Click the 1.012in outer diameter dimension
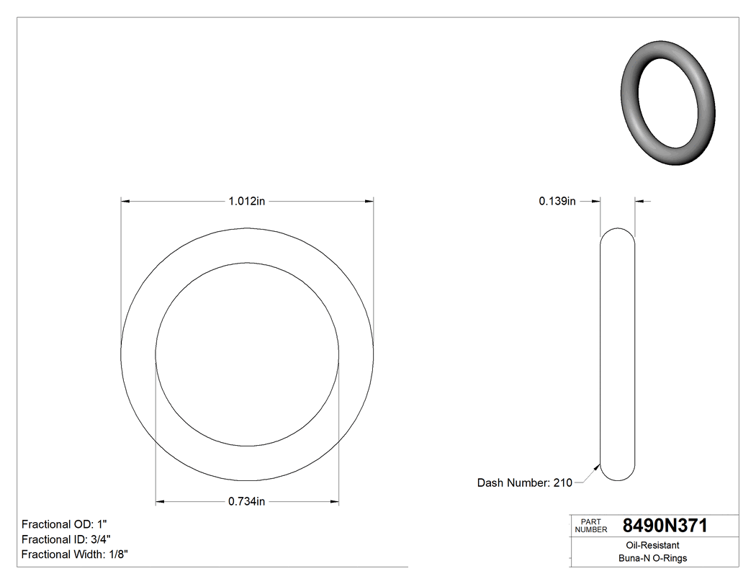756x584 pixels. click(247, 202)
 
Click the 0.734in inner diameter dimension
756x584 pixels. click(247, 502)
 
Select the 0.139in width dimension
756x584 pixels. click(557, 202)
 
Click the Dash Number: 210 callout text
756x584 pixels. click(524, 483)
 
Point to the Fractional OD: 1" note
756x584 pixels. click(65, 524)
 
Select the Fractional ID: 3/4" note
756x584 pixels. click(66, 539)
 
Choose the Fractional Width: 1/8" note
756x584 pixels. click(75, 554)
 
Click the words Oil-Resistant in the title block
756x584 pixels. click(652, 546)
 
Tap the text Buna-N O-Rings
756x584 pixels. click(652, 559)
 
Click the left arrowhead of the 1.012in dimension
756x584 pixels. click(125, 202)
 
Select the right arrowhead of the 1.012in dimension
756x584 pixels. click(369, 202)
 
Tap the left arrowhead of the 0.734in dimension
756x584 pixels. click(161, 502)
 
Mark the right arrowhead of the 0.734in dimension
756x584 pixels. click(334, 502)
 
